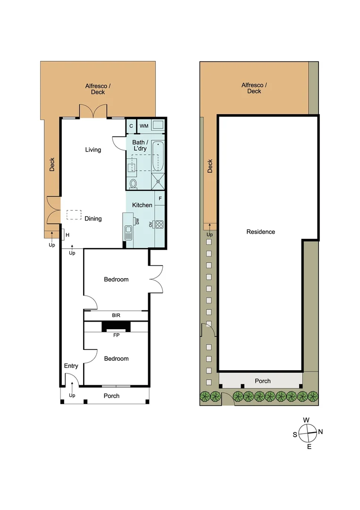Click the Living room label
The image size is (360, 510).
point(93,150)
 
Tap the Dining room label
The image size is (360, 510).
point(93,219)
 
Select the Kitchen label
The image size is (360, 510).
point(142,205)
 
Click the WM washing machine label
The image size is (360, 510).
point(144,126)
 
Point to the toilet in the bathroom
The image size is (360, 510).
point(133,183)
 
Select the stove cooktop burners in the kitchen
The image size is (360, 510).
point(159,224)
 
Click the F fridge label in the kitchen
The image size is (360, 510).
point(160,199)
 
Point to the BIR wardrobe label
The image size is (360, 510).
point(116,315)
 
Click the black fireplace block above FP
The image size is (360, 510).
point(117,326)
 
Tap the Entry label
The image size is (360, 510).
point(71,366)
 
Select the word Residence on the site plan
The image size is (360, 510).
point(260,232)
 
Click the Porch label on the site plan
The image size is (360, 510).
point(263,381)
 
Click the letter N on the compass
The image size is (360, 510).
point(320,432)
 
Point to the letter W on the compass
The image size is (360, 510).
point(306,420)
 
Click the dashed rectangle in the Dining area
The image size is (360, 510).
point(74,215)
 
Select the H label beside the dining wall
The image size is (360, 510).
point(67,235)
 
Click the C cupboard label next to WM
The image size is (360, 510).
point(131,126)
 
